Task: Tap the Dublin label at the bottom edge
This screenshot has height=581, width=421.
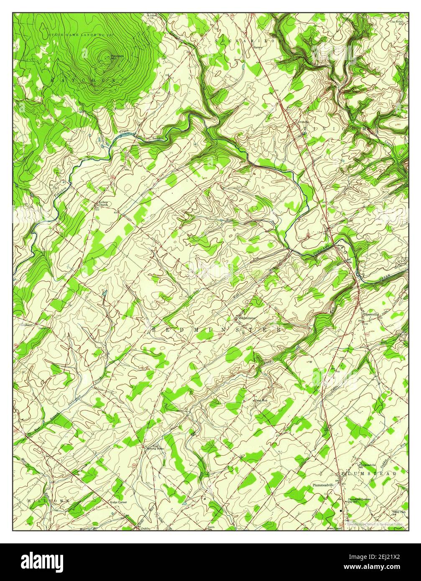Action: [x=145, y=528]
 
